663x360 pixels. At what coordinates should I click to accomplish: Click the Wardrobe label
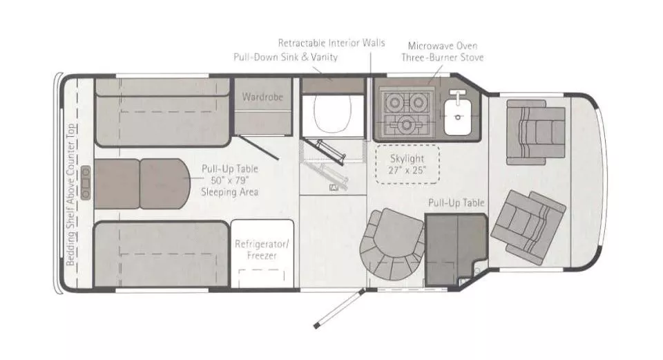tap(262, 97)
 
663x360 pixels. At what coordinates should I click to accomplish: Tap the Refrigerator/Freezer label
tap(256, 249)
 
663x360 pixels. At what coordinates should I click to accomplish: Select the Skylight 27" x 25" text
tap(407, 163)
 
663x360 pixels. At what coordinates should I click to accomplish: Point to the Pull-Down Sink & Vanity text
tap(285, 57)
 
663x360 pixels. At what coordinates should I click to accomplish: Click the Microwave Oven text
tap(442, 45)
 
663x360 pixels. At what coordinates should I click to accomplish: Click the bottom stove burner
tap(405, 125)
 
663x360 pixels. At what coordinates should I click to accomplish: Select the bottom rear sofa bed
tap(160, 254)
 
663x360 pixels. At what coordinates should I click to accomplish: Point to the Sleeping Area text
tap(230, 191)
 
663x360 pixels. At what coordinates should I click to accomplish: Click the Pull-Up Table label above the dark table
tap(456, 202)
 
